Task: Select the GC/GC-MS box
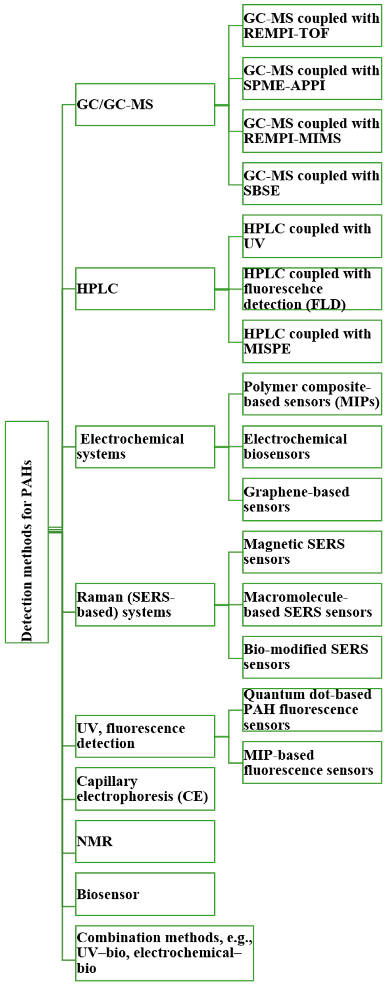coord(145,104)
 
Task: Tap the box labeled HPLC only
coord(145,289)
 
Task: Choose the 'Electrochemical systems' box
coord(145,447)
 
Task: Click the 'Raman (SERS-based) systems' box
coord(145,604)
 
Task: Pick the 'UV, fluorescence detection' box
coord(145,736)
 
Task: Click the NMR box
coord(145,841)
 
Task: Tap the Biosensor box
coord(145,894)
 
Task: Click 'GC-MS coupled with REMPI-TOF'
coord(312,26)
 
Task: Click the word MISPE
coord(267,349)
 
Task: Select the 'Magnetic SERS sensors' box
coord(312,552)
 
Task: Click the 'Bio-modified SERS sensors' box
coord(312,657)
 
